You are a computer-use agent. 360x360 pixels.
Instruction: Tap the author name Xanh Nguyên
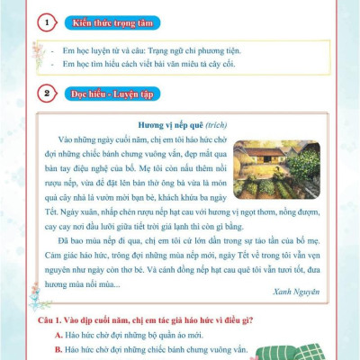[295, 292]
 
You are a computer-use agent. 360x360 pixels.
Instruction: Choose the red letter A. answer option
[59, 335]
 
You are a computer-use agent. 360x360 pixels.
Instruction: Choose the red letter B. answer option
[59, 351]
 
